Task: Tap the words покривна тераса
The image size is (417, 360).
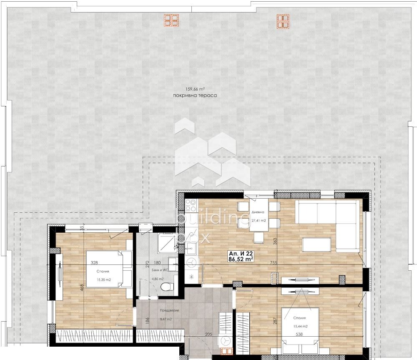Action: pos(195,96)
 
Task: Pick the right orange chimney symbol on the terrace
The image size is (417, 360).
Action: pos(283,21)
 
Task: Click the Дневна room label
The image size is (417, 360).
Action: pos(258,211)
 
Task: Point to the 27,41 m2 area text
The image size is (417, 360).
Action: pos(259,221)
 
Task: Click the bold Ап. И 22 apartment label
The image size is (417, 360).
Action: pos(241,253)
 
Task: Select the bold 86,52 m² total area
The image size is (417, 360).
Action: pos(241,259)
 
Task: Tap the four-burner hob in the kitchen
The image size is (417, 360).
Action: pos(191,206)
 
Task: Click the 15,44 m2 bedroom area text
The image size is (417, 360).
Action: pos(300,326)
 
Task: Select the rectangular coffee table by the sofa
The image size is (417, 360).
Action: pos(317,244)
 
